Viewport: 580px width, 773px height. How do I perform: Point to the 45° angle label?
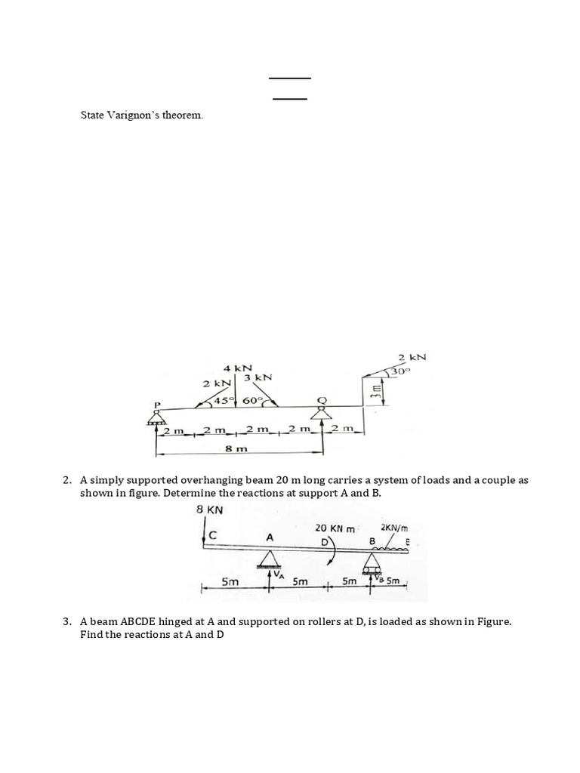coord(225,400)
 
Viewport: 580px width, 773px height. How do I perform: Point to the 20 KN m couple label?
coord(335,528)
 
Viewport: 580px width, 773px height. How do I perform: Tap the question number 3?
coord(67,622)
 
